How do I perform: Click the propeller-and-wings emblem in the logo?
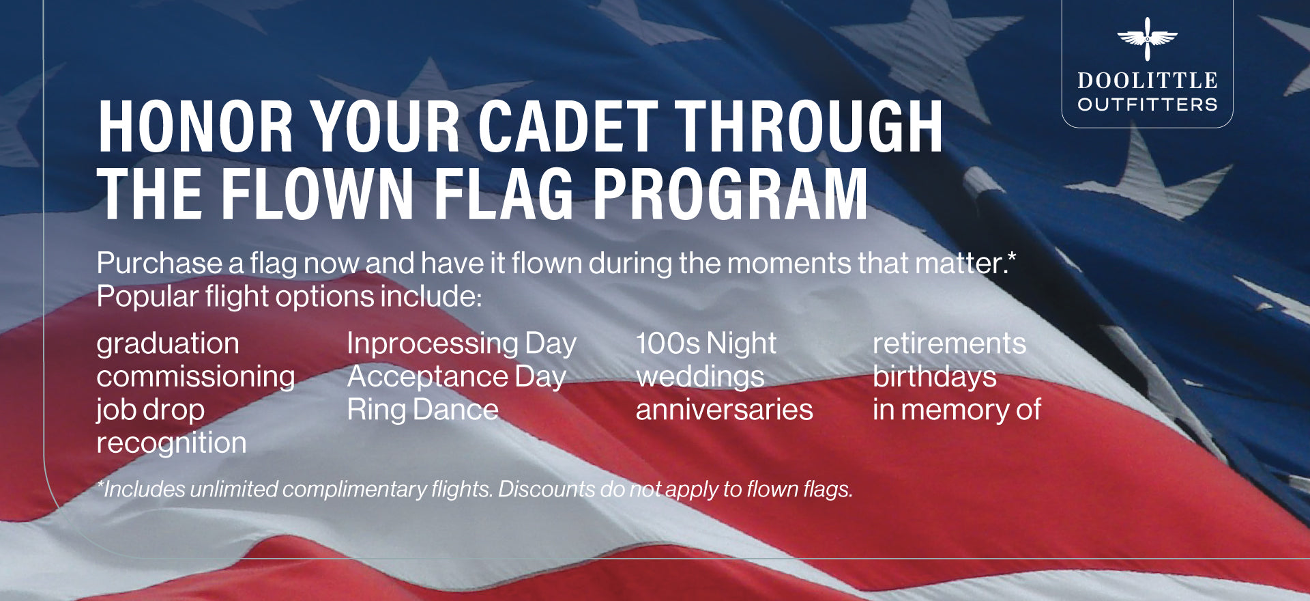point(1147,39)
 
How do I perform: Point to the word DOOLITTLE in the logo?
point(1148,81)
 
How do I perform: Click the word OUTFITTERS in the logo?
point(1148,104)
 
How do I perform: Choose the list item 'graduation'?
point(168,344)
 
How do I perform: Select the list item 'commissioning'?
point(196,376)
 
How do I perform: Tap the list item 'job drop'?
point(151,410)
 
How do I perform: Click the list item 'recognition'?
point(171,443)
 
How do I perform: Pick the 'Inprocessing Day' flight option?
point(462,344)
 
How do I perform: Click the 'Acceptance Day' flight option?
point(456,377)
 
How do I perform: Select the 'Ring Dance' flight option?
point(423,410)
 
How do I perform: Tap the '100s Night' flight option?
point(706,344)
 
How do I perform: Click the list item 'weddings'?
point(700,377)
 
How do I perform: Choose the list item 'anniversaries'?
point(725,410)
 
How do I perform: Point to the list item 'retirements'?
point(949,344)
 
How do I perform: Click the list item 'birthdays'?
point(935,377)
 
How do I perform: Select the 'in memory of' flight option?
point(957,410)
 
